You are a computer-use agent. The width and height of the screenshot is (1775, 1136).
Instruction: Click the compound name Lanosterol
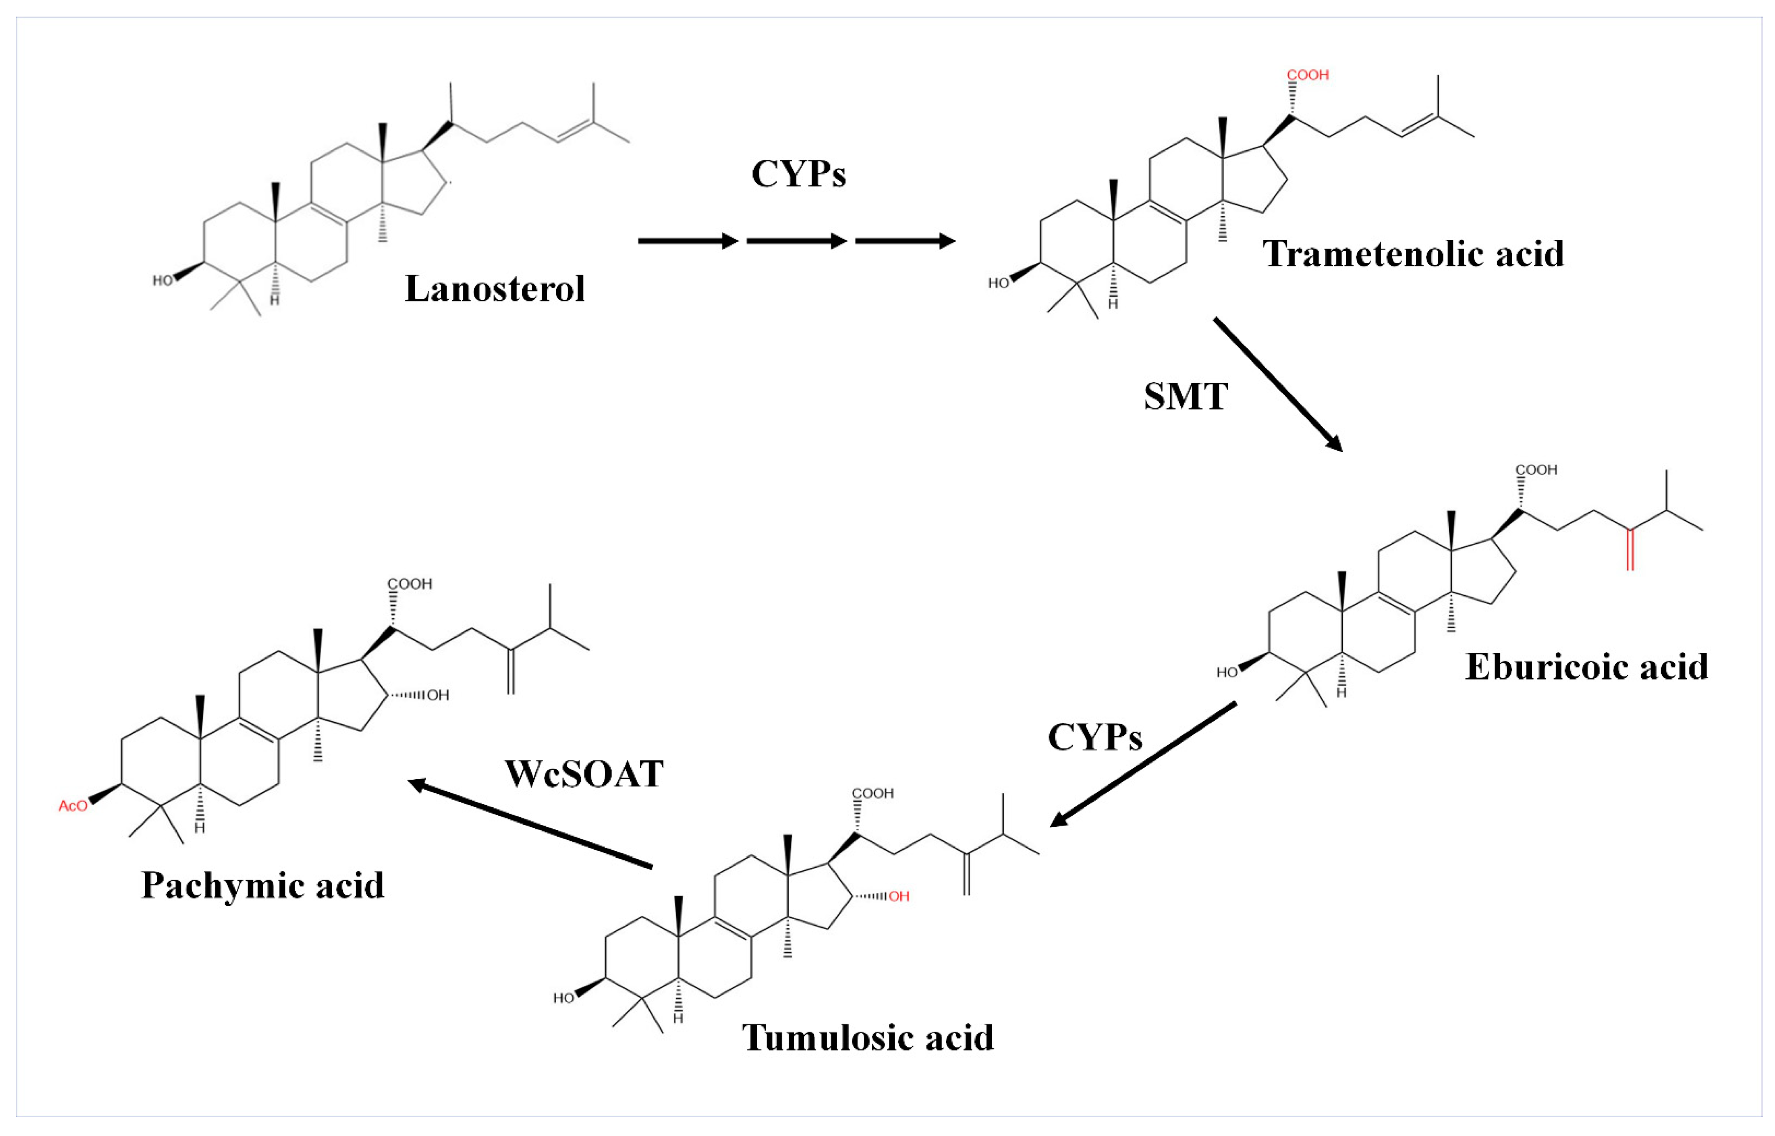point(494,288)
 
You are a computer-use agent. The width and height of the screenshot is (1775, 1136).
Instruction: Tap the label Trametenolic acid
point(1413,254)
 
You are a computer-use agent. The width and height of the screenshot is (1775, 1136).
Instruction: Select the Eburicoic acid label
point(1586,667)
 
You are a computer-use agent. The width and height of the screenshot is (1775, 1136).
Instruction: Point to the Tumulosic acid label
point(867,1038)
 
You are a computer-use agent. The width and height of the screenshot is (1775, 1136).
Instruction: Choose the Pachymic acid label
point(263,885)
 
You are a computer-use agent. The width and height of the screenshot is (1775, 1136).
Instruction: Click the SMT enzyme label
point(1186,397)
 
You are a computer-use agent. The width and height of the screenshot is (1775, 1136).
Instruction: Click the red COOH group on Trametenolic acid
point(1307,75)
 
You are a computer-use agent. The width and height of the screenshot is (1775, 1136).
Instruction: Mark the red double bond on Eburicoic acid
point(1630,550)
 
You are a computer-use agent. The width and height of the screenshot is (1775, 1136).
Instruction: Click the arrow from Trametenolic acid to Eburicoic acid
point(1278,384)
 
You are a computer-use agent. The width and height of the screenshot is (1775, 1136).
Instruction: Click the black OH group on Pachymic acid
point(437,695)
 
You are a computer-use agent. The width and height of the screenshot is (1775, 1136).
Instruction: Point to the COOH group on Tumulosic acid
point(873,794)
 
